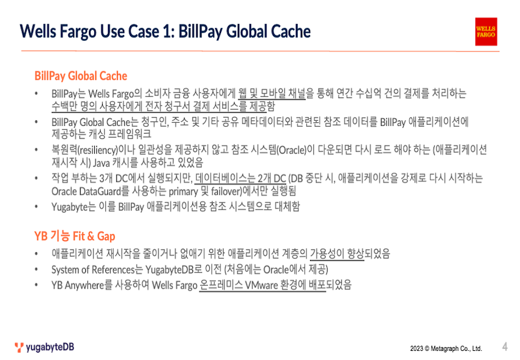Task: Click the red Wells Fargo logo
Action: click(x=486, y=31)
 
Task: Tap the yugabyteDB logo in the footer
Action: click(x=44, y=347)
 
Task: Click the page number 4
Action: click(x=505, y=346)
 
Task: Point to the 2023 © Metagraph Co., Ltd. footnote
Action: click(x=446, y=348)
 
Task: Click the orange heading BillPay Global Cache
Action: click(x=81, y=76)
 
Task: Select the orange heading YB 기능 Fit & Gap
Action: click(x=75, y=236)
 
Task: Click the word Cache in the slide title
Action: click(x=291, y=31)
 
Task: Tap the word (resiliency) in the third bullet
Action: click(x=98, y=150)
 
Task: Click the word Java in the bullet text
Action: click(x=101, y=162)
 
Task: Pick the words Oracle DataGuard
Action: click(x=86, y=191)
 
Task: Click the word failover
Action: click(x=227, y=192)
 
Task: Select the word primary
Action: click(x=184, y=192)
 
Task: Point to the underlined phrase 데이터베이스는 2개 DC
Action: click(x=240, y=178)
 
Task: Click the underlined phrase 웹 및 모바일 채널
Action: click(x=272, y=94)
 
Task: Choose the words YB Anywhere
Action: click(x=77, y=285)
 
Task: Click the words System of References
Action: click(x=92, y=270)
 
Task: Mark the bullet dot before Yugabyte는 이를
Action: click(x=36, y=207)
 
